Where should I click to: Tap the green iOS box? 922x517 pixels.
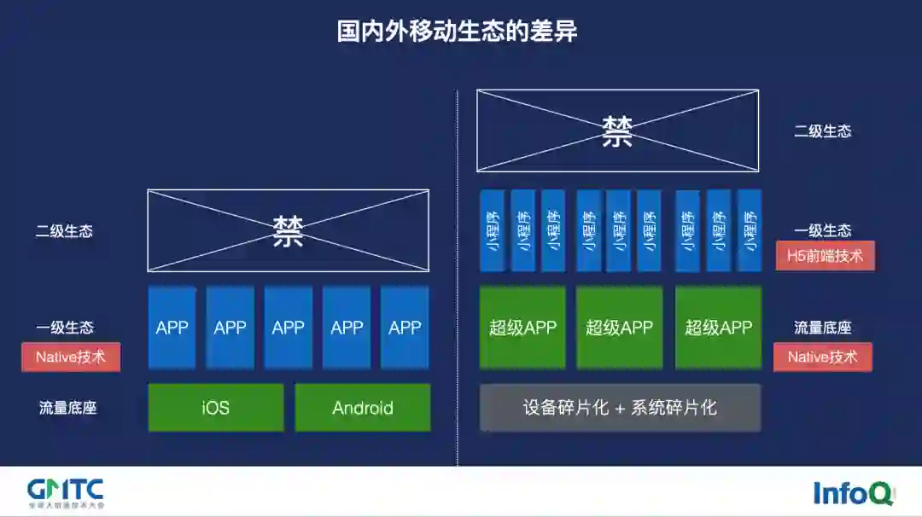216,408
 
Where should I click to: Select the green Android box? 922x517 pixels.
363,408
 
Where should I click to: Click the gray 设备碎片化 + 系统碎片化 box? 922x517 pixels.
620,408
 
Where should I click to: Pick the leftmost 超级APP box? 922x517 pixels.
522,328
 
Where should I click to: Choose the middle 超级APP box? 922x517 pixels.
620,328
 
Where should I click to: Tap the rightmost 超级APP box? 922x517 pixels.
718,328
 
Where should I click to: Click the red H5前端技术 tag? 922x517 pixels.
825,255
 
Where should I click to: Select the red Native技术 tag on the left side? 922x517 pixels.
71,357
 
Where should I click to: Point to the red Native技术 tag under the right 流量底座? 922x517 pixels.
822,357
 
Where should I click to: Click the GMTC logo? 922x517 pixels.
66,492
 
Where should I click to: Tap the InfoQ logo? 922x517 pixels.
853,493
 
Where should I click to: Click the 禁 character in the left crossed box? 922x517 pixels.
289,231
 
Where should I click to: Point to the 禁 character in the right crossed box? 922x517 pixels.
617,131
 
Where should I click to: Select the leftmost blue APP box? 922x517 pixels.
172,328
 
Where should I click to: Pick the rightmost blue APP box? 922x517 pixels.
405,328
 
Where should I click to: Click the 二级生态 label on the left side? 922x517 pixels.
64,231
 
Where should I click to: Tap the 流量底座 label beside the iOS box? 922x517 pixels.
67,408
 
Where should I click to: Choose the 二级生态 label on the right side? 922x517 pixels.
822,131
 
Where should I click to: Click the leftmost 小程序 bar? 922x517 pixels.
492,230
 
